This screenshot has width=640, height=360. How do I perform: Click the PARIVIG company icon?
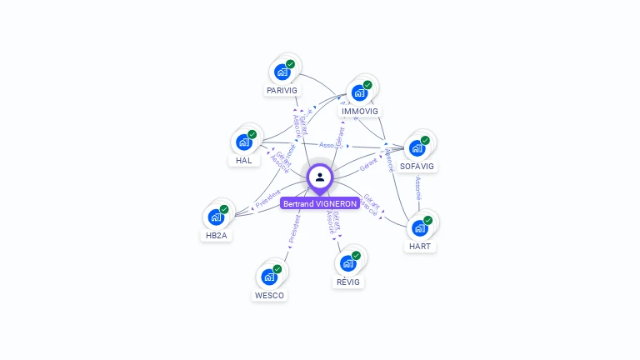282,72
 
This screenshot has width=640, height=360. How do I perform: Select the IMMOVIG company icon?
360,92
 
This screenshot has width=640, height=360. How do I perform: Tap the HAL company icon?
244,142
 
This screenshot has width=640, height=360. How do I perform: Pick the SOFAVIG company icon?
417,147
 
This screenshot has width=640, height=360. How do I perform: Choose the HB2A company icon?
217,217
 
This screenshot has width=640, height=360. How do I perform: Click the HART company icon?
420,227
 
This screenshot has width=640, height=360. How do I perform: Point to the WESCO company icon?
269,277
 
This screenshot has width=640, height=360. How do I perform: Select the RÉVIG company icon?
348,263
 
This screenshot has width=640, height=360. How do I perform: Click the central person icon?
320,177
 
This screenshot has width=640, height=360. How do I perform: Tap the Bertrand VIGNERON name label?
320,203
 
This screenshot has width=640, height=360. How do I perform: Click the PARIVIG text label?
282,90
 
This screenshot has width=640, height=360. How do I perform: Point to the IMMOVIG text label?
360,111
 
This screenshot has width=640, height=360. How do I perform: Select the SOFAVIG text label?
417,166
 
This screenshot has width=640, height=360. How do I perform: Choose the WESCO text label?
269,295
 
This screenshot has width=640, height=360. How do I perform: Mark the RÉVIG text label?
348,282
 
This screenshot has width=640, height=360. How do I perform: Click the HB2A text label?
217,235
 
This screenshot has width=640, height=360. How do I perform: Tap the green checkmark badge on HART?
428,220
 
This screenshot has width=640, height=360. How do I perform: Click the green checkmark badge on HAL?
252,134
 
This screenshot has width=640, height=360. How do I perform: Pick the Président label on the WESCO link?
293,229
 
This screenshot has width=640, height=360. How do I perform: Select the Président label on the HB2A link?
268,197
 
